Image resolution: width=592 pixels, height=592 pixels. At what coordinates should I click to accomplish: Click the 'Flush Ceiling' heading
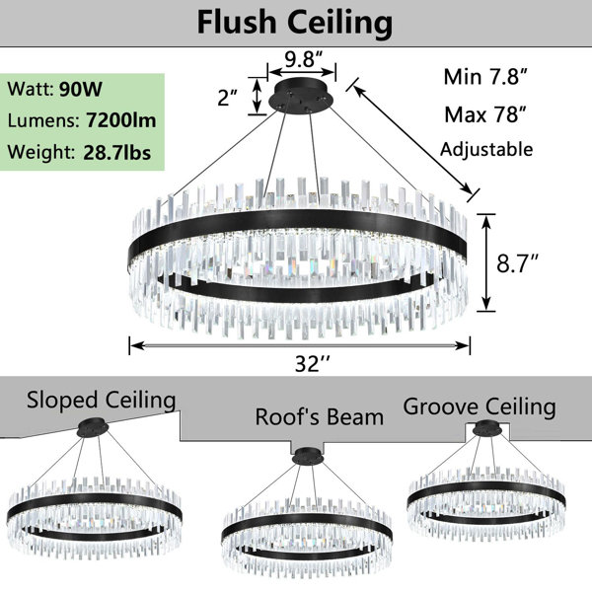point(295,23)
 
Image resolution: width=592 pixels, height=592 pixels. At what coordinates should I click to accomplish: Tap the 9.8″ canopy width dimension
point(304,59)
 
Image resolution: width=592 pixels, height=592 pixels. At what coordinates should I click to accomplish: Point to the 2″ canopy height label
point(227,98)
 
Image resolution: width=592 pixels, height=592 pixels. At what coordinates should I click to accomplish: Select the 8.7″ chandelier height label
point(517,263)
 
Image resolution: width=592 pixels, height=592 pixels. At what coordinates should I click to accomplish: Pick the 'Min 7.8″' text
point(485,77)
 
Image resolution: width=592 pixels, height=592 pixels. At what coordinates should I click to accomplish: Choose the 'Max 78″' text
point(485,114)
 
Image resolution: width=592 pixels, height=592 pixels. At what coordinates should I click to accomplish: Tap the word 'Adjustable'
point(486,150)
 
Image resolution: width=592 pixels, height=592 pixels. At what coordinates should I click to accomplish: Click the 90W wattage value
point(81,89)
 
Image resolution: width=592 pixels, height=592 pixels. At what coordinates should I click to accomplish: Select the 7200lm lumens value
point(121,120)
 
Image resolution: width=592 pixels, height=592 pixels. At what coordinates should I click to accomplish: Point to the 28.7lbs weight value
point(117,152)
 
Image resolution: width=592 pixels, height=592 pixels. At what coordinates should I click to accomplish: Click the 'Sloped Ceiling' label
point(102,401)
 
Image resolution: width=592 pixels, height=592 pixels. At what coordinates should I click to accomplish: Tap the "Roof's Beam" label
point(319,417)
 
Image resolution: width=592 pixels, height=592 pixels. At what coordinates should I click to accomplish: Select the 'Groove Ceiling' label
point(480,407)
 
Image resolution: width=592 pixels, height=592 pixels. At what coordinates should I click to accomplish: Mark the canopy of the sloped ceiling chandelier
point(93,428)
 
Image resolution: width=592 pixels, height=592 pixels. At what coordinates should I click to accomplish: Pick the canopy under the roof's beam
point(308,456)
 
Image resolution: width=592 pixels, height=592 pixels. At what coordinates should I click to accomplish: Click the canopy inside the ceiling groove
point(487,429)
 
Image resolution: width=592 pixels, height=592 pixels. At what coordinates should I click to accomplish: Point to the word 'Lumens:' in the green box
point(43,120)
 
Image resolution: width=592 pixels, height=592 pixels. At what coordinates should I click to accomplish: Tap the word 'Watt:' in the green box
point(31,90)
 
